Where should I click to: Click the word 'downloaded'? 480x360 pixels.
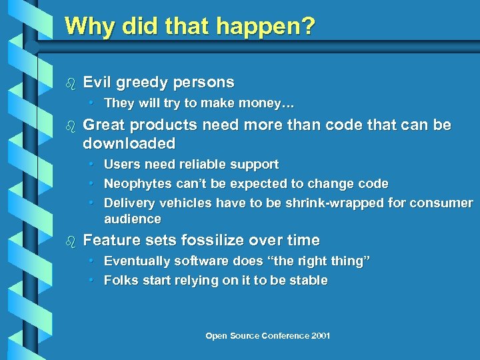(x=129, y=143)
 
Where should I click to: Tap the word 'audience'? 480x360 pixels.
(x=133, y=219)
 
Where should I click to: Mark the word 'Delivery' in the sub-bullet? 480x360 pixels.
(x=127, y=203)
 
